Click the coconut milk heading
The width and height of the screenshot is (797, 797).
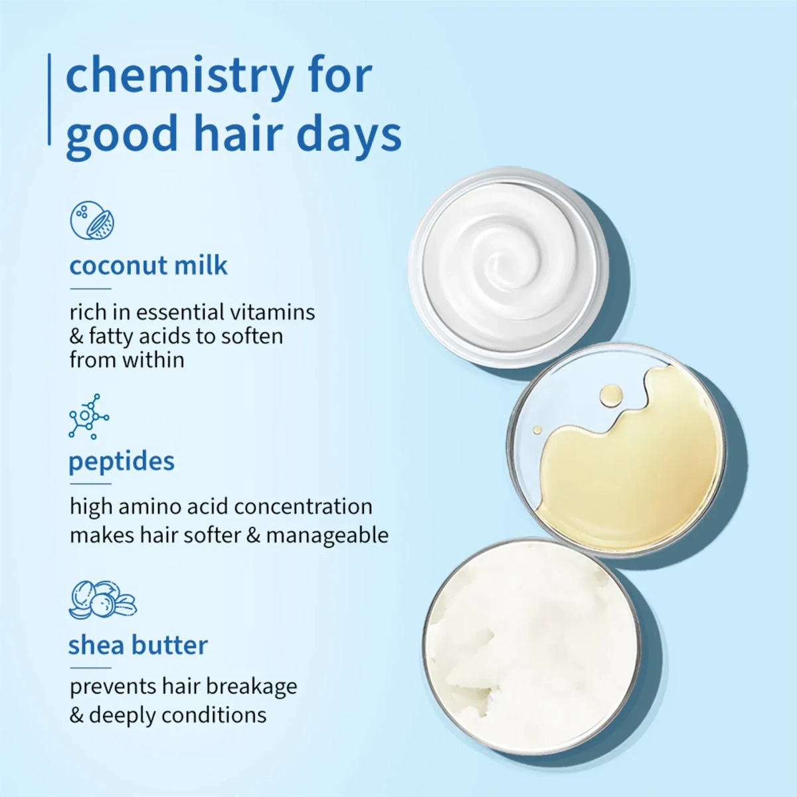click(148, 266)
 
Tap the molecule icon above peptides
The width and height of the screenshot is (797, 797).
click(88, 416)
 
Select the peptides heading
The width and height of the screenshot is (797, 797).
click(122, 461)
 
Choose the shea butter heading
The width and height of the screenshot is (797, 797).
click(138, 645)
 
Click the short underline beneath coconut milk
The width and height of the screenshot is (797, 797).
click(90, 289)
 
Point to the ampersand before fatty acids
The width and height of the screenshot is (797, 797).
click(76, 336)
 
